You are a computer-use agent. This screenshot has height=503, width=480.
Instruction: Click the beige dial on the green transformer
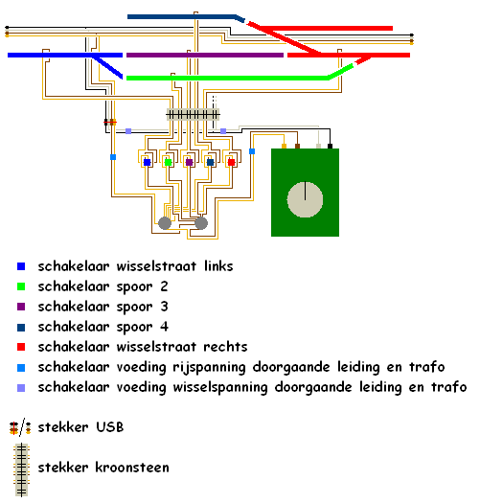point(305,199)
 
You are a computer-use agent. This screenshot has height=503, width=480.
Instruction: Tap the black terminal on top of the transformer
point(330,146)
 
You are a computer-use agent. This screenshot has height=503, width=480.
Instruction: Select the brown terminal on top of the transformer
point(297,146)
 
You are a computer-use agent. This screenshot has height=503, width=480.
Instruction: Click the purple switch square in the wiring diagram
point(189,162)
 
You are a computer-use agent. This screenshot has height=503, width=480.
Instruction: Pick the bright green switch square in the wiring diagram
point(168,162)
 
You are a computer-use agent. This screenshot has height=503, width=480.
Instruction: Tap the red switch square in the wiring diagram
point(231,162)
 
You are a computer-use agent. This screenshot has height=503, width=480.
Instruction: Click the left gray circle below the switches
point(165,223)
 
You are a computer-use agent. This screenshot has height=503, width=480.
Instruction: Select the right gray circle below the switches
point(201,223)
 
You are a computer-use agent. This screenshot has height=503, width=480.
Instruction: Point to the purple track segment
point(205,56)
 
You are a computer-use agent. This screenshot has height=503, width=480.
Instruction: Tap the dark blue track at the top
point(186,17)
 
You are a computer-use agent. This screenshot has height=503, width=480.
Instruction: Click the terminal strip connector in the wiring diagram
point(193,114)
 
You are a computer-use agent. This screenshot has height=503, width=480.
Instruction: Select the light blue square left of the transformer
point(252,151)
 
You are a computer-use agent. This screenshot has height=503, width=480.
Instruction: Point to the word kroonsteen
point(132,468)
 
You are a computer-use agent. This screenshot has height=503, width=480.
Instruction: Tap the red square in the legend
point(21,347)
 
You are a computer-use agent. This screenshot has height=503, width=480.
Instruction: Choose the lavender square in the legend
point(21,388)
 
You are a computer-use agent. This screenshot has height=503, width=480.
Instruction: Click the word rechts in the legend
point(225,347)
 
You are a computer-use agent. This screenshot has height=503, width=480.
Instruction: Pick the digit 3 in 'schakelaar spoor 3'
point(164,307)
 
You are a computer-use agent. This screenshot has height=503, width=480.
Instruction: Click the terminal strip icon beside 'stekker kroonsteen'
point(21,470)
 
